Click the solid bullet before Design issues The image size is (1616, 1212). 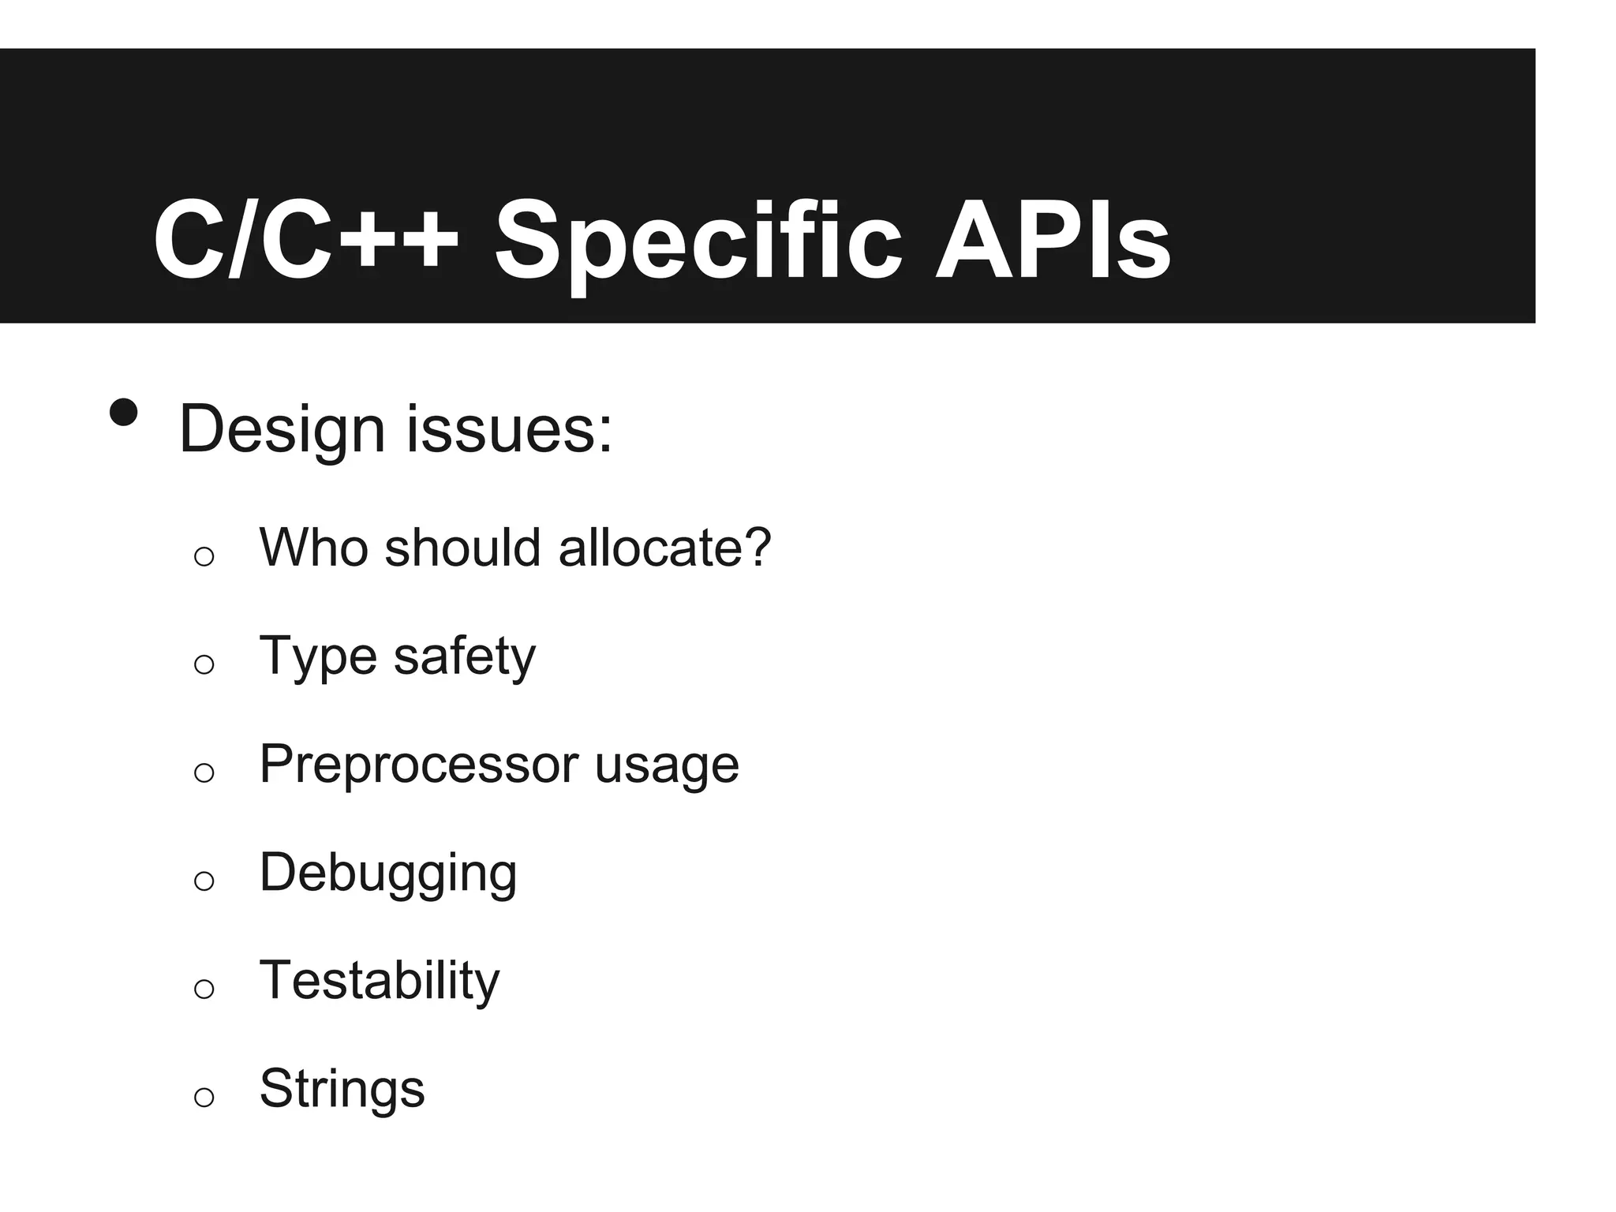pos(124,412)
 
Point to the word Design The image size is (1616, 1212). pos(282,431)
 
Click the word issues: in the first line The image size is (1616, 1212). pos(509,431)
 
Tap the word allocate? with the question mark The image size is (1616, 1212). pos(664,547)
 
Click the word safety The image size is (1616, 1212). pos(464,656)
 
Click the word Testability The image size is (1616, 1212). pos(380,981)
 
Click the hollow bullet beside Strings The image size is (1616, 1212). pos(204,1097)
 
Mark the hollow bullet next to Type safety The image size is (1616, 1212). pos(204,664)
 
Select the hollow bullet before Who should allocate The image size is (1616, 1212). pos(204,556)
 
